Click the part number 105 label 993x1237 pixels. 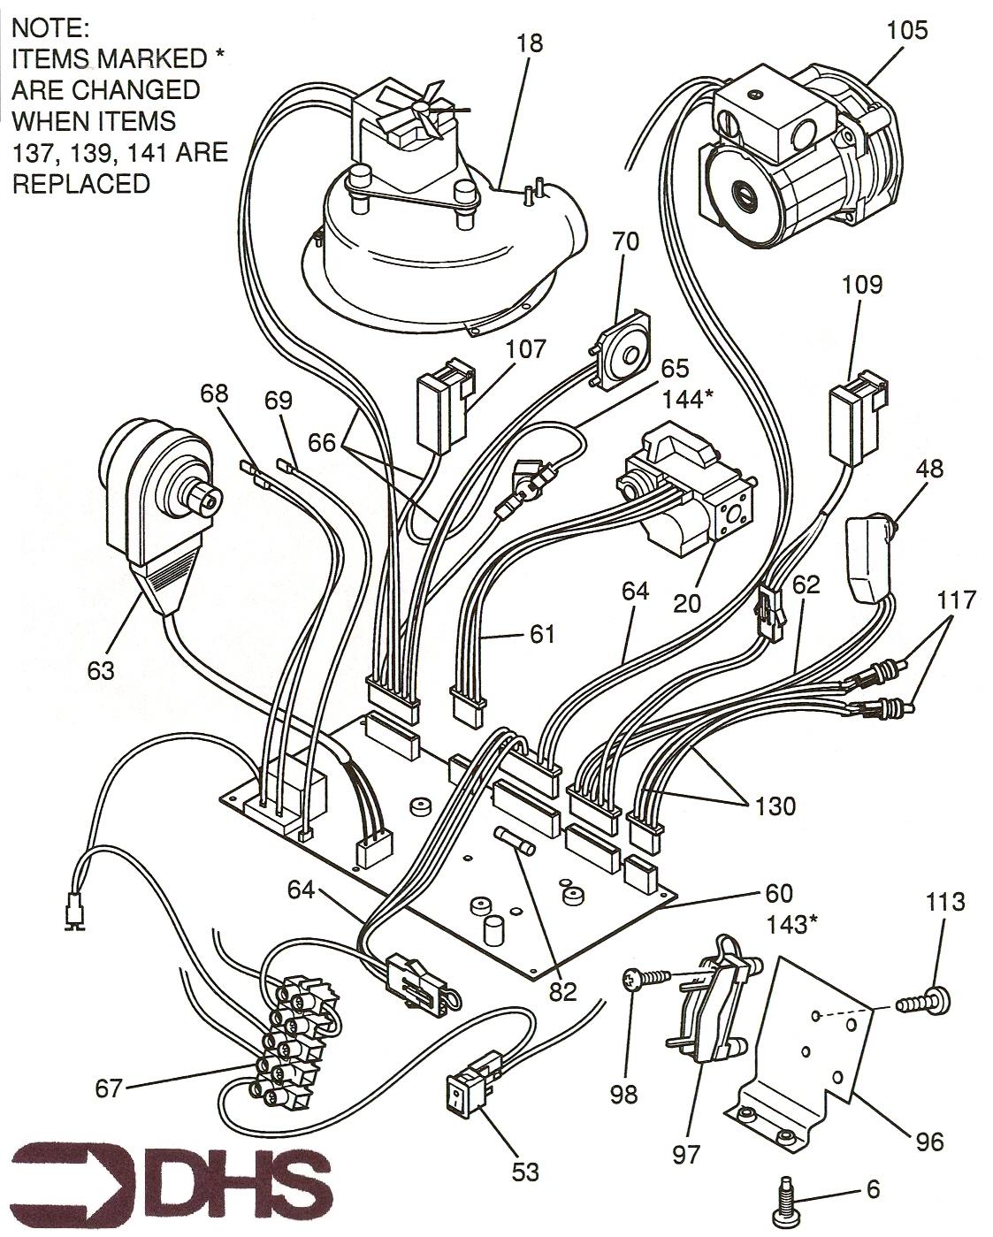pos(907,30)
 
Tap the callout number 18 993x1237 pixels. pos(531,42)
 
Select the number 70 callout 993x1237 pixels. pos(624,241)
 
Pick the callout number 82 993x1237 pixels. pos(562,990)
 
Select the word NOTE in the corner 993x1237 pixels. pos(50,27)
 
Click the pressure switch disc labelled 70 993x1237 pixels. pos(623,352)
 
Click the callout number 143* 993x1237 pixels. pos(791,924)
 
